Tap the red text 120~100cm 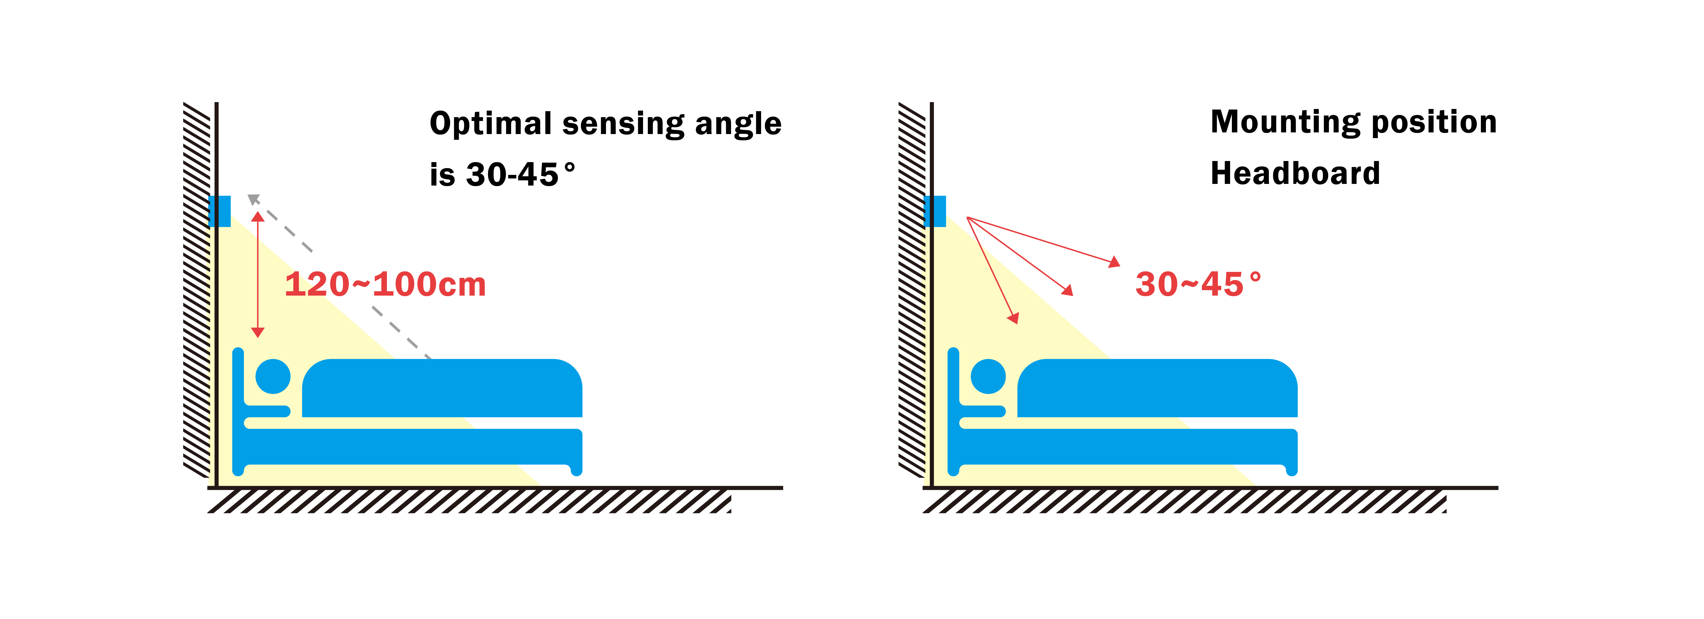point(385,284)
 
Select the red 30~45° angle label point(1197,284)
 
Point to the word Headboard point(1295,173)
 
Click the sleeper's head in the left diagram point(273,376)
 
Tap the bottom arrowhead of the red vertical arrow point(258,332)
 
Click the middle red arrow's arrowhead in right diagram point(1068,290)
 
